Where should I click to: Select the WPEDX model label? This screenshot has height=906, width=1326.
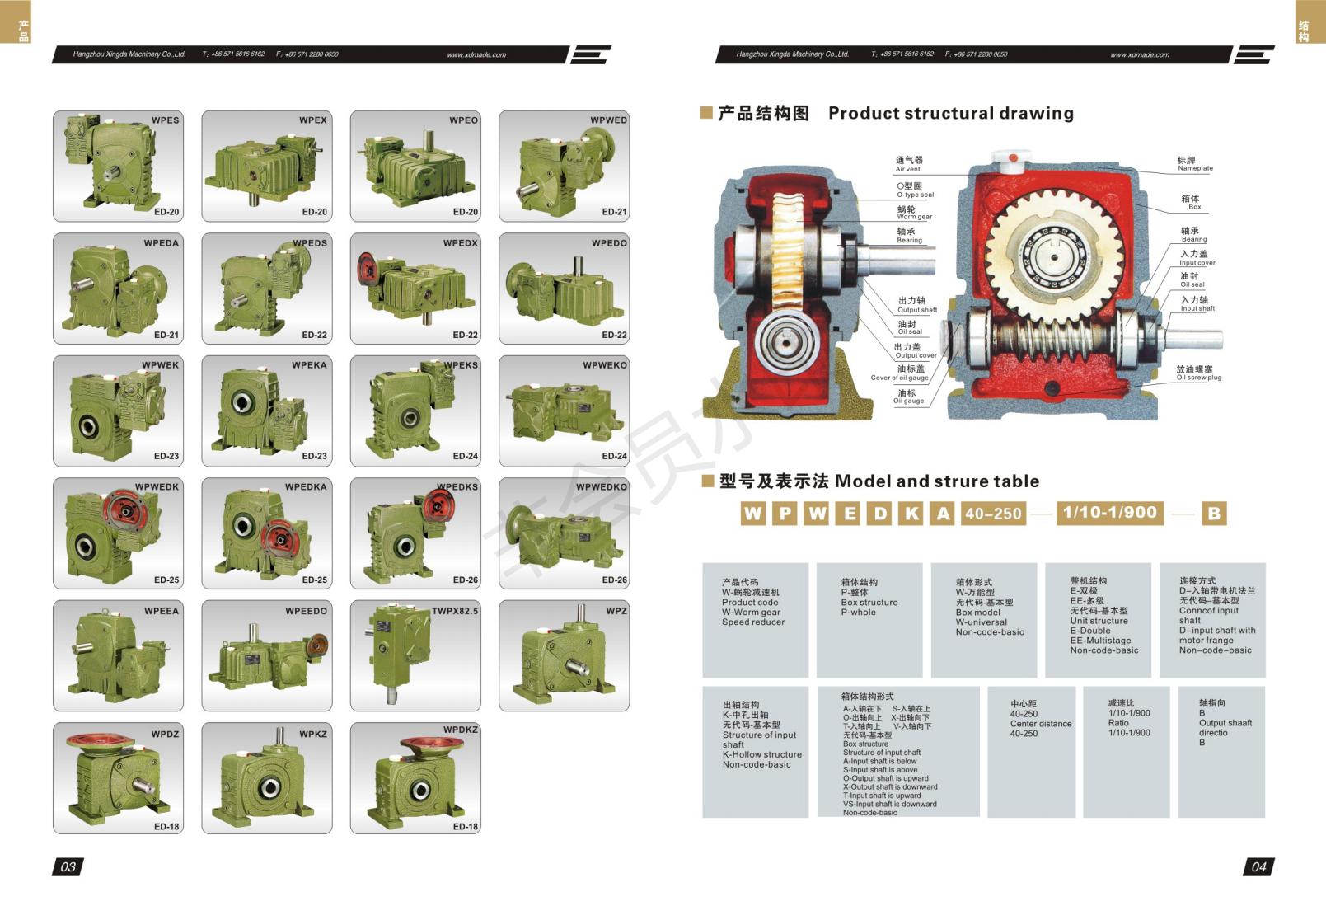coord(460,243)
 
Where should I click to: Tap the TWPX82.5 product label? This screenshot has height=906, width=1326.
coord(454,611)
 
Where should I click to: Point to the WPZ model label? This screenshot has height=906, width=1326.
coord(616,611)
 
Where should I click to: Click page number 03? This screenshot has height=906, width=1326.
coord(68,866)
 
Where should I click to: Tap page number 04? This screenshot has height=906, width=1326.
coord(1258,866)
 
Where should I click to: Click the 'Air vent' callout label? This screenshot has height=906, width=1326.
coord(908,164)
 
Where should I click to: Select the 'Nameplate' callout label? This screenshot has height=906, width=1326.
coord(1194,164)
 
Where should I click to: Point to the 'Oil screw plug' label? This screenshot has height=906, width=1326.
coord(1198,373)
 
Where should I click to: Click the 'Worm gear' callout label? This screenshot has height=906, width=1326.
coord(914,213)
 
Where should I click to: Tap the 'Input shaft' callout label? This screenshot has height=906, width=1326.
coord(1197,304)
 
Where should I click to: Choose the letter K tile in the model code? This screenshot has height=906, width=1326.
coord(911,514)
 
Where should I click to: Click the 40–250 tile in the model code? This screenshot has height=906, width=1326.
coord(993,514)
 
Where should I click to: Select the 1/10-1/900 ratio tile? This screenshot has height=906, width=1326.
coord(1109,513)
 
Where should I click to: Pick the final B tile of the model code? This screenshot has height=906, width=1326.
coord(1213,514)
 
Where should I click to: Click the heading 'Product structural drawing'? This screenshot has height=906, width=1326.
coord(950,113)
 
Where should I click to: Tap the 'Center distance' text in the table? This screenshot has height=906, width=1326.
coord(1041,724)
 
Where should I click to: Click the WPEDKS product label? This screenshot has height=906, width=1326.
coord(457,487)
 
